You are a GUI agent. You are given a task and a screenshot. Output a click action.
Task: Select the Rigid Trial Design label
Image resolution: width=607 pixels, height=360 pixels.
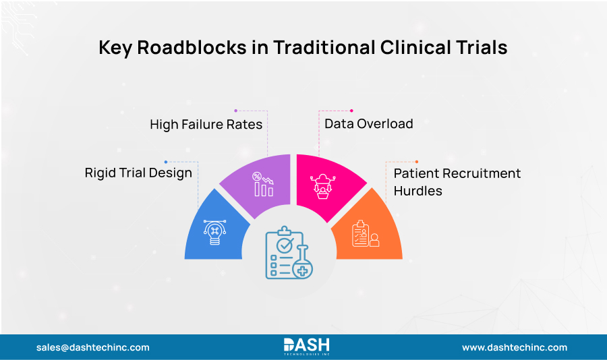coord(138,173)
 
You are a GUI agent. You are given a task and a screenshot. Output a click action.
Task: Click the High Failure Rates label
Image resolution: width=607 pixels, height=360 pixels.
coord(206,124)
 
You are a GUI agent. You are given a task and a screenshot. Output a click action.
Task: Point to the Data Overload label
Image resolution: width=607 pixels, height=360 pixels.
coord(368,123)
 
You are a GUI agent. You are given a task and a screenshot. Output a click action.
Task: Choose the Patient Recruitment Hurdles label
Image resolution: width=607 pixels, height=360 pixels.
coord(457,182)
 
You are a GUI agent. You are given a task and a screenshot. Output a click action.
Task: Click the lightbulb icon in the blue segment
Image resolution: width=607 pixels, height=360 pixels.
coord(214,231)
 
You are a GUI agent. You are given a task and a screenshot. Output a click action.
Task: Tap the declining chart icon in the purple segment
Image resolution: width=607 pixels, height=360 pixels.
coord(263,184)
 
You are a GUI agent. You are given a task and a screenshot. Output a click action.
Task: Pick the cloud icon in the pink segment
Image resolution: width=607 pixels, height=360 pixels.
coord(322,184)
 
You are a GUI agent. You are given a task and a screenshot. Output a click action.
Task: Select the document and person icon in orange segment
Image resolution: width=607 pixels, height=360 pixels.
coord(365,233)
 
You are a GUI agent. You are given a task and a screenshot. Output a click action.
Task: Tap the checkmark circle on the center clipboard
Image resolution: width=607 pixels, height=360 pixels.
coord(285,243)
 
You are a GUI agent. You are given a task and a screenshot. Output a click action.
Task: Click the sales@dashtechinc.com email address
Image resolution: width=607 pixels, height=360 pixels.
coord(93,347)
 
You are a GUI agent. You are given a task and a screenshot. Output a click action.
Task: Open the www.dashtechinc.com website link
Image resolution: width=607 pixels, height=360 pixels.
coord(514,347)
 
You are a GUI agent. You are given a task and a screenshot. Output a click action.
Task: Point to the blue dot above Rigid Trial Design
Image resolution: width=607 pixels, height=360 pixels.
coord(166,162)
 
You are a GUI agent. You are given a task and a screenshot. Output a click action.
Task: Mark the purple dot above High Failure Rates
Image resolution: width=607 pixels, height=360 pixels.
coord(235,110)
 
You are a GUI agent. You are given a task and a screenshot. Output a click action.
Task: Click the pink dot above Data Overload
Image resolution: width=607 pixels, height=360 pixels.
coord(351,111)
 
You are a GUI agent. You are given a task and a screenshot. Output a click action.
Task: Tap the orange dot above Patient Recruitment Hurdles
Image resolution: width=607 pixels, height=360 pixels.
coord(417,162)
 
